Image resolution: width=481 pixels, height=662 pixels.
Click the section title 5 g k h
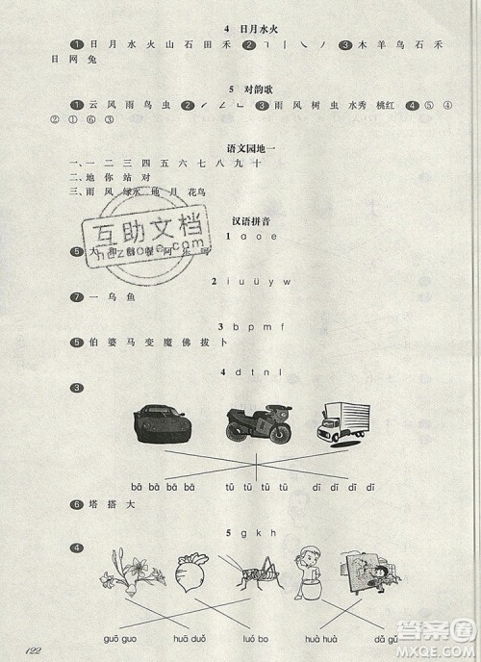(x=252, y=532)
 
